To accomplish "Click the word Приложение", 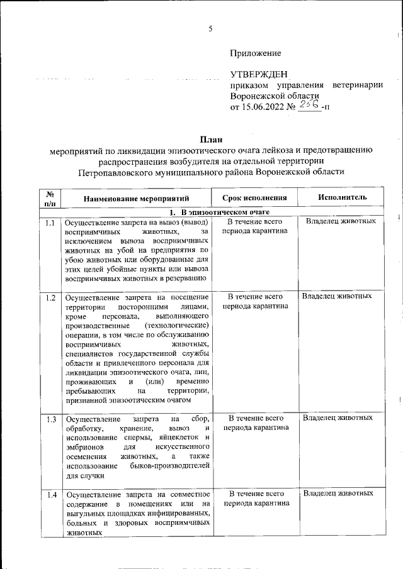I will coord(255,53).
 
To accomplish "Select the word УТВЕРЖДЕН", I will coord(259,75).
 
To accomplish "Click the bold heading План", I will coord(211,139).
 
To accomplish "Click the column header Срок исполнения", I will coord(254,197).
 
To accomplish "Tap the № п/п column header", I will coord(50,198).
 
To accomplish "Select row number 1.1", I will coord(50,223).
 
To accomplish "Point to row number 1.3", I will coord(50,419).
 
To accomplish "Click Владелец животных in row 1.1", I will coord(341,222).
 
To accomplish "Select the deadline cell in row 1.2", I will coord(254,301).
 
